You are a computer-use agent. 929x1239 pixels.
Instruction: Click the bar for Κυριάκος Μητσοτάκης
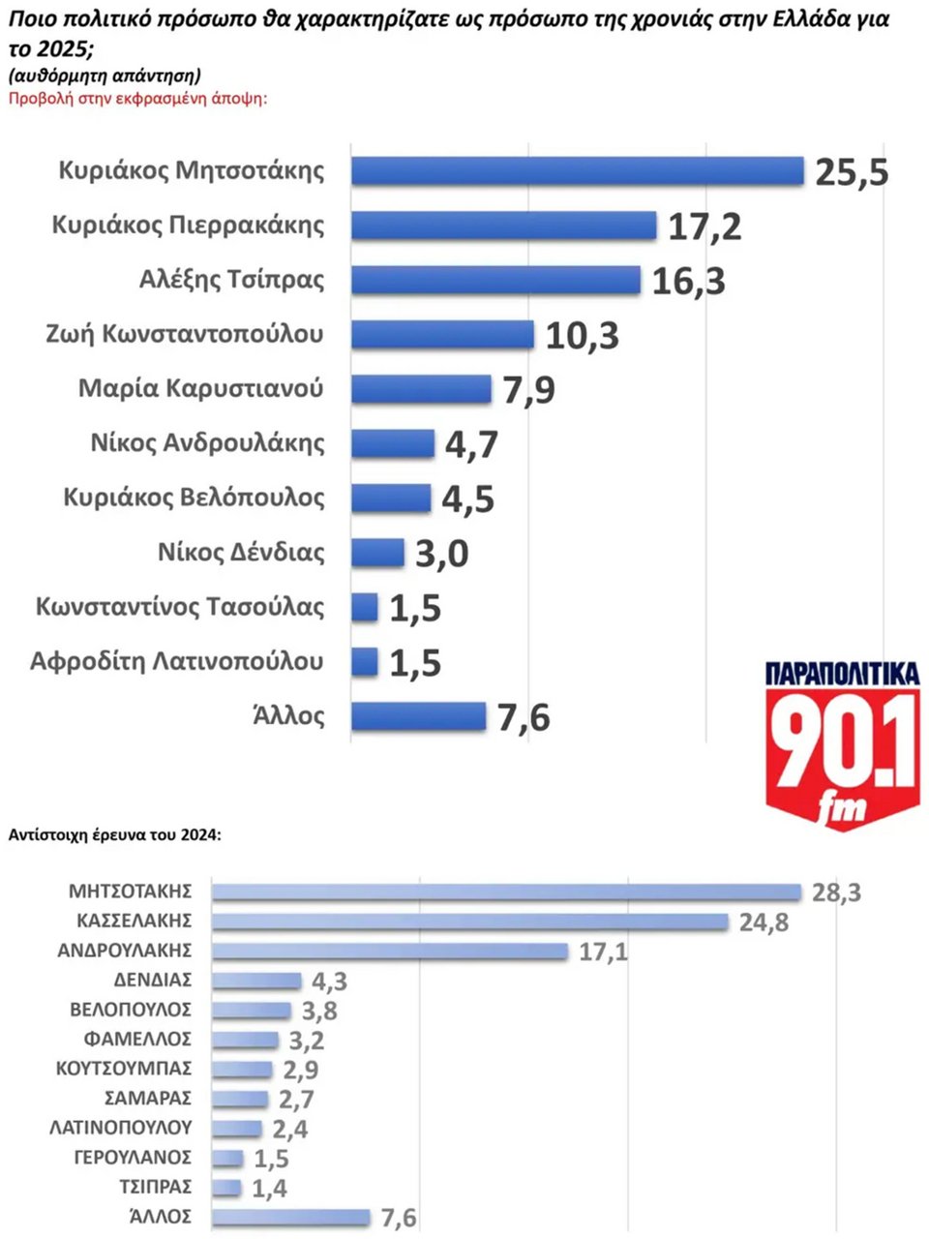point(577,171)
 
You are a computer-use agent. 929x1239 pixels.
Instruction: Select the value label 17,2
point(704,227)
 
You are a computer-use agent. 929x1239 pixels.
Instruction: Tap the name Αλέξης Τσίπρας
point(232,280)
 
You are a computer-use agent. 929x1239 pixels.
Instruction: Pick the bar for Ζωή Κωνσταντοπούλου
point(442,334)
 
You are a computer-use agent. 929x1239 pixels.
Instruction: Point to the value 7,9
point(528,390)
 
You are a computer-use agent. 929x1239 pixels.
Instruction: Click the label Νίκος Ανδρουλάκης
point(207,443)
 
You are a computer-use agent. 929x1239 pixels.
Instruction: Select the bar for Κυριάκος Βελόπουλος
point(391,499)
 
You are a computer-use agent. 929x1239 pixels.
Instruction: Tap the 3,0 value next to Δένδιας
point(441,555)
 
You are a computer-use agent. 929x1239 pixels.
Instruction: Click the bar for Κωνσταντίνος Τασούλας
point(365,608)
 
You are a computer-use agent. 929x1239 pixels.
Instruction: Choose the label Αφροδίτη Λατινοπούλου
point(177,662)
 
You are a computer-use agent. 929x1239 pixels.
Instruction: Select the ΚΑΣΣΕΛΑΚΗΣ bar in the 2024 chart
point(469,922)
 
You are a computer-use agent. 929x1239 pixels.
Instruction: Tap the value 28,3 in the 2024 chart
point(836,892)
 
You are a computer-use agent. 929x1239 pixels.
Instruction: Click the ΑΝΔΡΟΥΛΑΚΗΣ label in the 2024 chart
point(125,951)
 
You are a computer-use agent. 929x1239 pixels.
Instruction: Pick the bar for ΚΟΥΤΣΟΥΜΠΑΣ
point(242,1070)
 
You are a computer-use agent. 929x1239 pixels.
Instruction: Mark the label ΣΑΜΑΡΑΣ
point(148,1099)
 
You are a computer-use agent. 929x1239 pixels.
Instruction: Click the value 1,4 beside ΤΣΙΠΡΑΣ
point(269,1188)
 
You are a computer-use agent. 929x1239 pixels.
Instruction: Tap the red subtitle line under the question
point(137,98)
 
